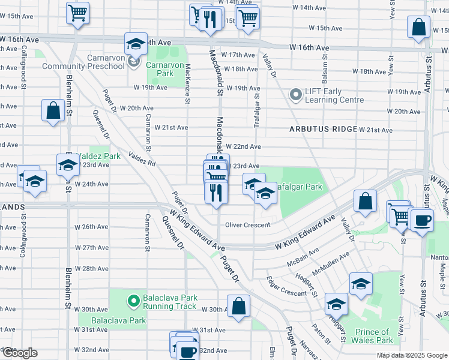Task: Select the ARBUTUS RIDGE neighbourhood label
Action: point(323,129)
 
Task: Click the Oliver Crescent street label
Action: point(249,225)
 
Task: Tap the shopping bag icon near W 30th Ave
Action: point(239,305)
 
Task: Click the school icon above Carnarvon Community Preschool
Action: point(136,43)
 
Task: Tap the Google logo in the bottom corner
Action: point(20,353)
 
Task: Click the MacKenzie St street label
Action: point(188,84)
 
